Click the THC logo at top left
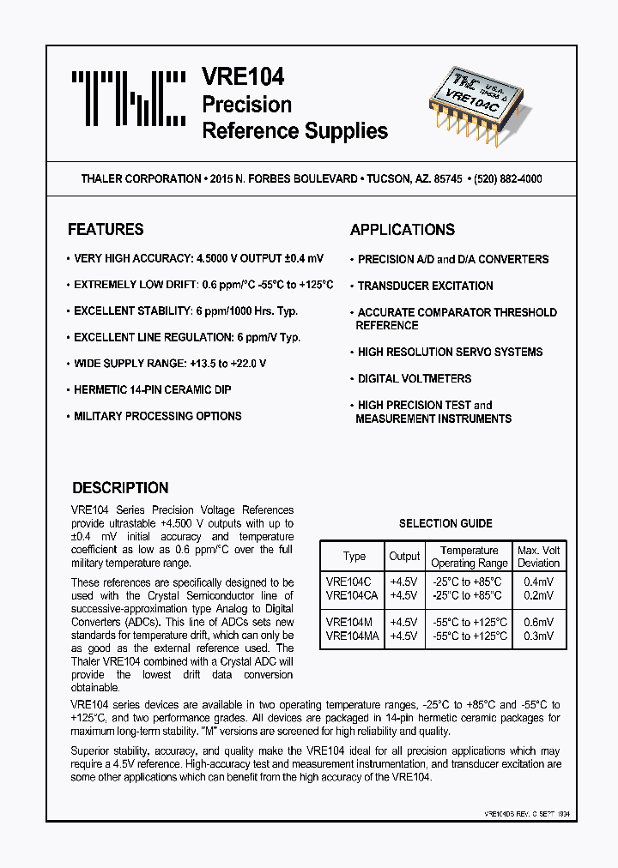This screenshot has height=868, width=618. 128,99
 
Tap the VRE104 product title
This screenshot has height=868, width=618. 243,77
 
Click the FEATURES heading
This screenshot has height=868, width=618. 106,230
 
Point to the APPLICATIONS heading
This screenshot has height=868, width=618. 403,230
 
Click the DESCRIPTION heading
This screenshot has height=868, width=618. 120,488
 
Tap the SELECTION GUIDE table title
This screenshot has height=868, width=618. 445,523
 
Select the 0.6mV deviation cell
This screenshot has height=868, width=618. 538,622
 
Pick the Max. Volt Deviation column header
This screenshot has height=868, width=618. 538,557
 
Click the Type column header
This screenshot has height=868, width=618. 354,557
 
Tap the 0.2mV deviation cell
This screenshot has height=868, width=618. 538,594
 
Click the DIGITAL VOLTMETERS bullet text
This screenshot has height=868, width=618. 415,378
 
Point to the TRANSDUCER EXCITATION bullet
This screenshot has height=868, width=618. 425,286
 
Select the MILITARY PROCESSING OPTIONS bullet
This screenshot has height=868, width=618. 158,416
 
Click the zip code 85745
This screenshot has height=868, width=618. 445,179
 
